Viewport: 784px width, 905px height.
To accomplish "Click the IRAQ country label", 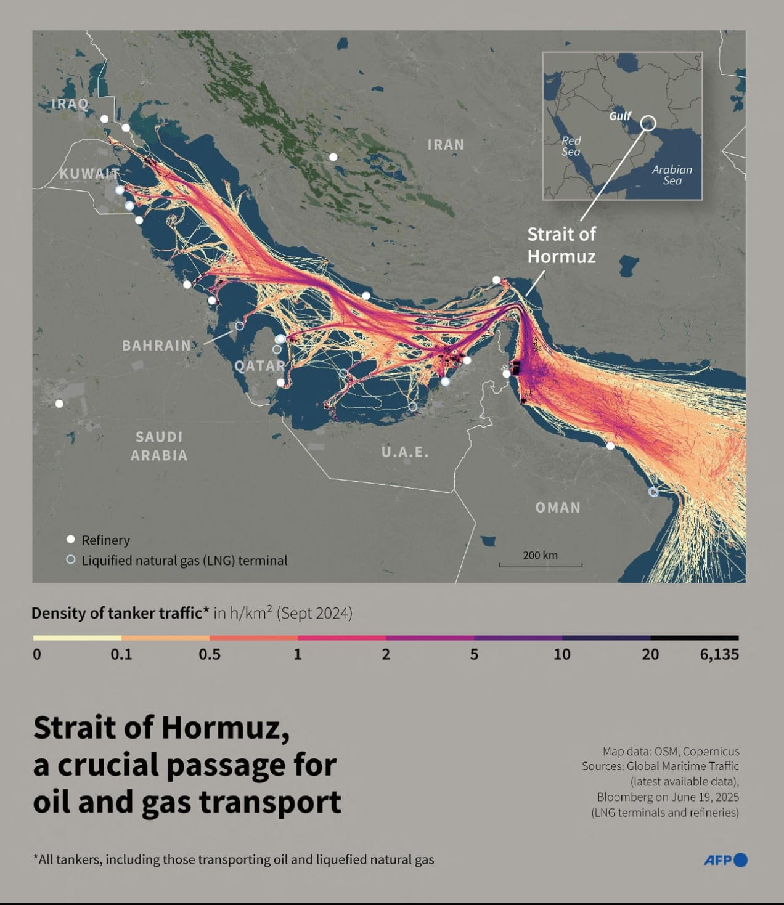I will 69,103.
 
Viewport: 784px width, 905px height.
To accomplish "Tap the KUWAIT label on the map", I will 89,174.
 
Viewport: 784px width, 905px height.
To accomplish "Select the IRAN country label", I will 446,145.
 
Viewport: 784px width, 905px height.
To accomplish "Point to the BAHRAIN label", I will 157,346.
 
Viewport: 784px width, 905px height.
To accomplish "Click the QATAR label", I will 259,366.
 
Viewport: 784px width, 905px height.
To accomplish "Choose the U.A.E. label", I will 405,452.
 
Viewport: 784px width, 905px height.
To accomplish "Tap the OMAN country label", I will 557,508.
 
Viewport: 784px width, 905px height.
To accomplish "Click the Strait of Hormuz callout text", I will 561,245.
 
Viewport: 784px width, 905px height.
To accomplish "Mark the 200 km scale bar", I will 540,564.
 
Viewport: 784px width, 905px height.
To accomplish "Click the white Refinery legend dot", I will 71,540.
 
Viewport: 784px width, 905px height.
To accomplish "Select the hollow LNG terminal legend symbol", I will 71,560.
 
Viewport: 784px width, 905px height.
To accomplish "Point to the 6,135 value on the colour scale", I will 719,654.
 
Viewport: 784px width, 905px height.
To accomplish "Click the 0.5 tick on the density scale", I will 210,654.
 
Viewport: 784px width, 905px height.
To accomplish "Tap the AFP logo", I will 725,860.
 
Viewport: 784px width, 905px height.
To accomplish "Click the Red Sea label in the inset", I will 571,146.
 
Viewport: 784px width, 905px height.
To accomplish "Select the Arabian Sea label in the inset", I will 672,175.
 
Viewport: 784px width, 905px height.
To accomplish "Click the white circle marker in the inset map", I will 647,123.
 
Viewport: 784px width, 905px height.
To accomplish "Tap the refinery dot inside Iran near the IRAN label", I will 333,157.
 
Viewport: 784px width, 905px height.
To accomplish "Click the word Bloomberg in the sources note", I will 624,797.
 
